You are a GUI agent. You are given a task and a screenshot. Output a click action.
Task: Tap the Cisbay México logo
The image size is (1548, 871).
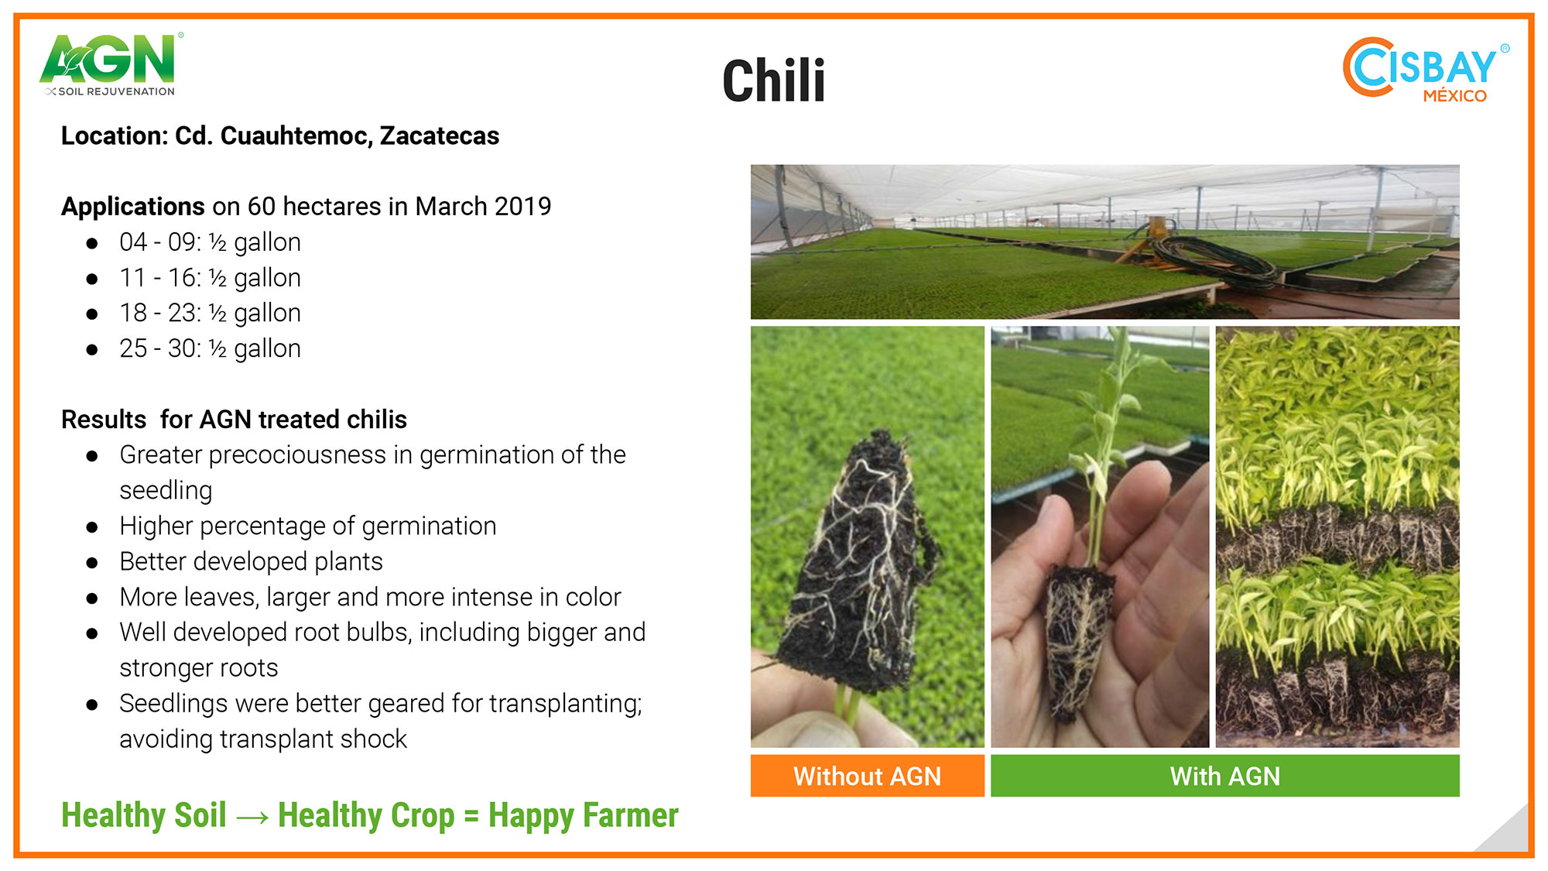[1426, 70]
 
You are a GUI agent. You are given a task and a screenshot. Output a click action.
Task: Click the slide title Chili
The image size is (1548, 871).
[773, 81]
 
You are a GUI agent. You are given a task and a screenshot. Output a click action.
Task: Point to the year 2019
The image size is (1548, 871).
[522, 207]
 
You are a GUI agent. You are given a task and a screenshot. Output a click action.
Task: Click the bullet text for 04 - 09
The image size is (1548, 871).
[210, 242]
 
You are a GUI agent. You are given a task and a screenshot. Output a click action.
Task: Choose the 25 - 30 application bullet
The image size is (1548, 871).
[210, 348]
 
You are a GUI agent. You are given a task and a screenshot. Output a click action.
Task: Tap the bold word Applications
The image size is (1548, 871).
[132, 207]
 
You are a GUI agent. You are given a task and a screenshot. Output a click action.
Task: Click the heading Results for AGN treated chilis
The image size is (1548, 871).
[234, 420]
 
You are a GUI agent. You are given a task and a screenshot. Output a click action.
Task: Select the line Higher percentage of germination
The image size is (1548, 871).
[307, 526]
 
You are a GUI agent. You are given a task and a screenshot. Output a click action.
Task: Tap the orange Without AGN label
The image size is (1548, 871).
[867, 776]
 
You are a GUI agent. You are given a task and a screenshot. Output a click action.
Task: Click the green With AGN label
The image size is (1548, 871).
[1225, 776]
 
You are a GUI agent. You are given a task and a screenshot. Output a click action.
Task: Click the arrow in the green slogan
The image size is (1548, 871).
[252, 817]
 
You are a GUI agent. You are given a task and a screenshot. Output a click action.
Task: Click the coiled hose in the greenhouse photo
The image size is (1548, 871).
[1215, 260]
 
